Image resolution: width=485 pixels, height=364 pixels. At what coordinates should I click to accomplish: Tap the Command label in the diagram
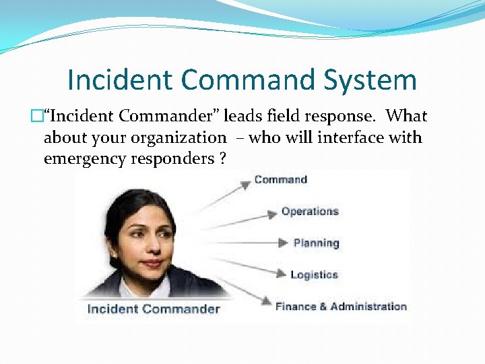(280, 179)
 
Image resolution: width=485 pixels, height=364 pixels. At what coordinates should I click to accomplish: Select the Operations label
(310, 211)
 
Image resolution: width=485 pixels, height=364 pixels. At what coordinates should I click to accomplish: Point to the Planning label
(316, 243)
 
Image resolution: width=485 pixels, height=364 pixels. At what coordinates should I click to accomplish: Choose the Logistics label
(314, 274)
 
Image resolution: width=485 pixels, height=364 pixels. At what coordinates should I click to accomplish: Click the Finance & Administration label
(341, 306)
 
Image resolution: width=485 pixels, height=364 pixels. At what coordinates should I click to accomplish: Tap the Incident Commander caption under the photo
(154, 309)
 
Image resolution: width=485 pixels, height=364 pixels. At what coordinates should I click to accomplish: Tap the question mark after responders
(222, 160)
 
